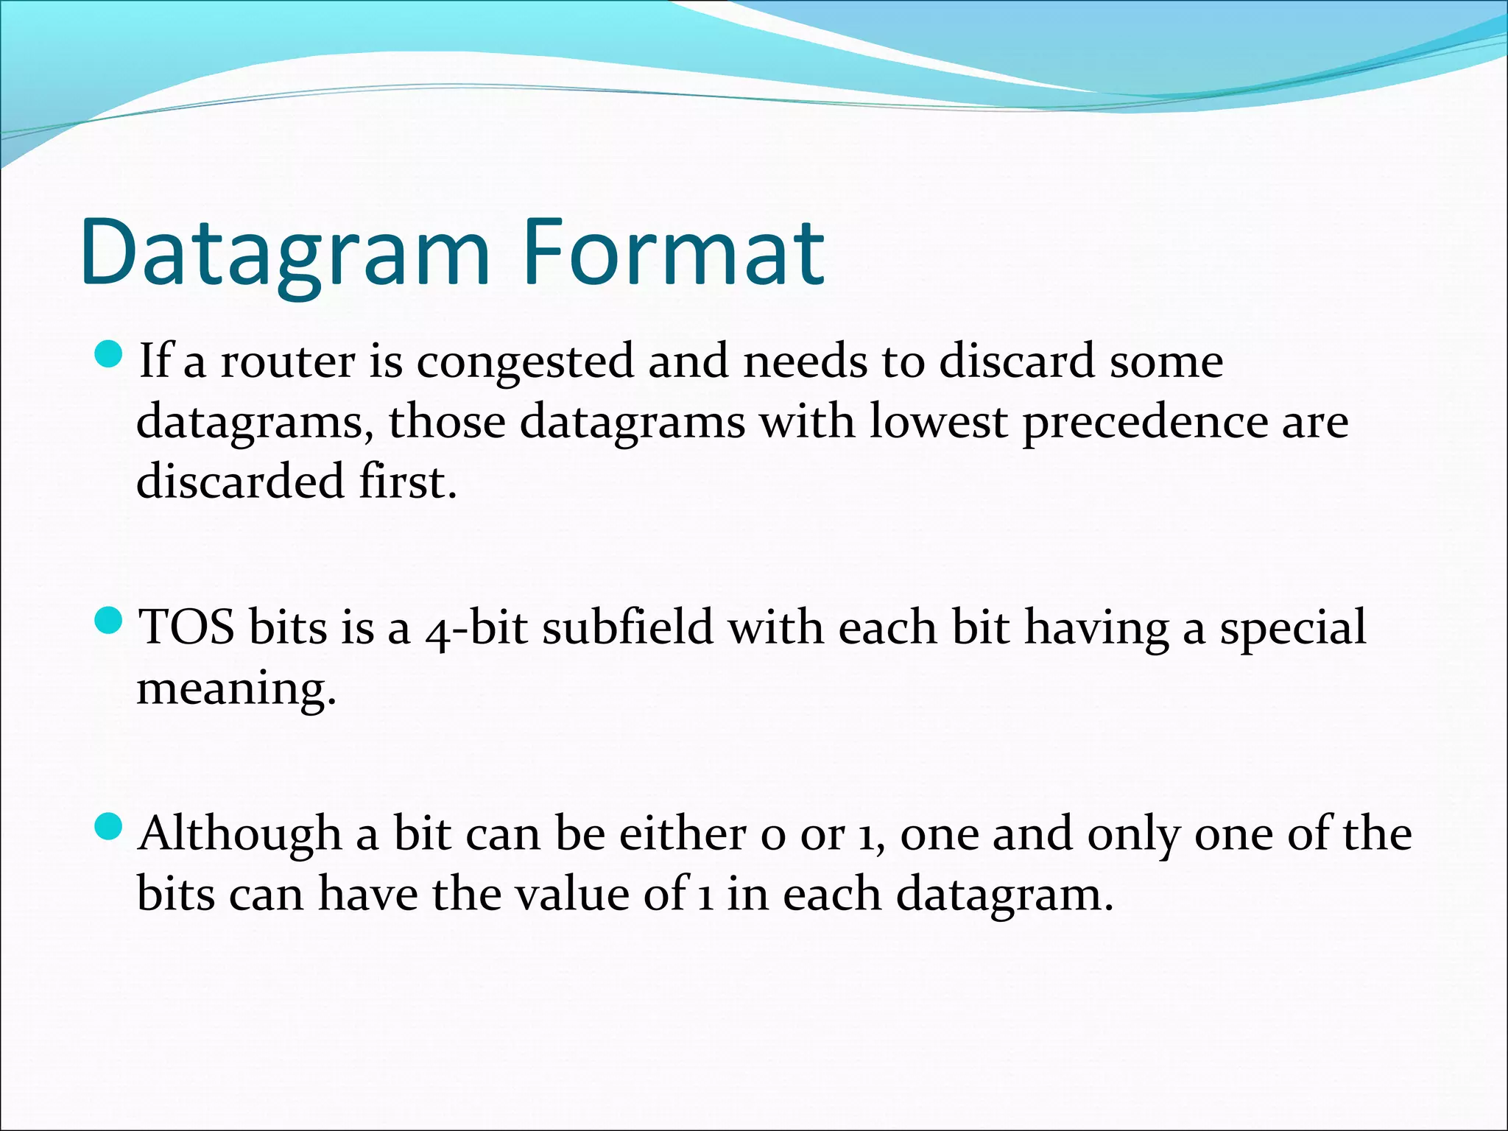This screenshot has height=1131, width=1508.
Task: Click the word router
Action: click(x=288, y=362)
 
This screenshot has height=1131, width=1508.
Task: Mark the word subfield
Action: click(x=628, y=628)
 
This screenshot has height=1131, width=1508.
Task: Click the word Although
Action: click(x=240, y=835)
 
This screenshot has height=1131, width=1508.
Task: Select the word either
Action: click(x=682, y=834)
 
